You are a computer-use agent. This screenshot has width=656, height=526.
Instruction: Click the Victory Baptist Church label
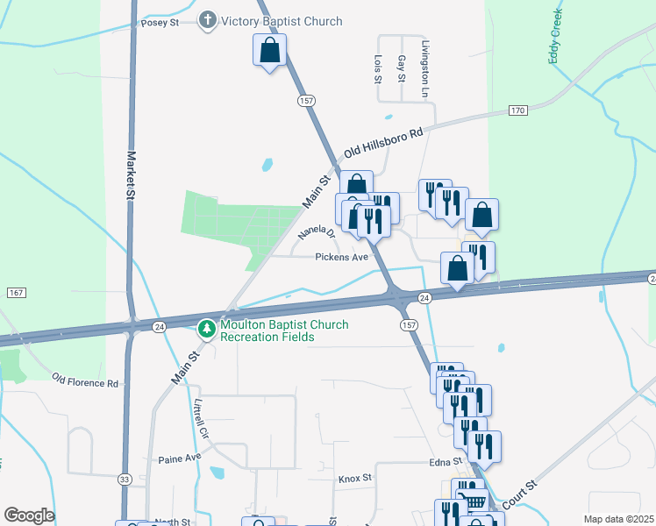tap(282, 21)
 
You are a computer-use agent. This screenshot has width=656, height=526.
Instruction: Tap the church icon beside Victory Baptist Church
tap(208, 21)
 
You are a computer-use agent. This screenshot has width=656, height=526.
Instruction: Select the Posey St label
tap(160, 23)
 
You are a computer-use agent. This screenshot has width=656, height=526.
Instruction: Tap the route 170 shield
tap(517, 110)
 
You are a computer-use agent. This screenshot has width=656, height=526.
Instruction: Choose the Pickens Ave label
tap(342, 258)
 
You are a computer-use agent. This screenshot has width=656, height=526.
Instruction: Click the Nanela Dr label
tap(317, 232)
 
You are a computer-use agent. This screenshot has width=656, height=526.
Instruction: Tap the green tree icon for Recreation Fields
tap(207, 330)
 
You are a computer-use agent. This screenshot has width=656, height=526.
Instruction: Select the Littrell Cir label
tap(201, 422)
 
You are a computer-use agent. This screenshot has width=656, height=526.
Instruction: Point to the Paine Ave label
tap(180, 458)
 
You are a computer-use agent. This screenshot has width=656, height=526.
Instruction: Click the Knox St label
tap(355, 480)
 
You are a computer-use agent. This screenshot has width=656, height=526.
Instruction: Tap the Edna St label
tap(445, 462)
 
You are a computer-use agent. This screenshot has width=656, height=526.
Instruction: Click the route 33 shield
tap(125, 480)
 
